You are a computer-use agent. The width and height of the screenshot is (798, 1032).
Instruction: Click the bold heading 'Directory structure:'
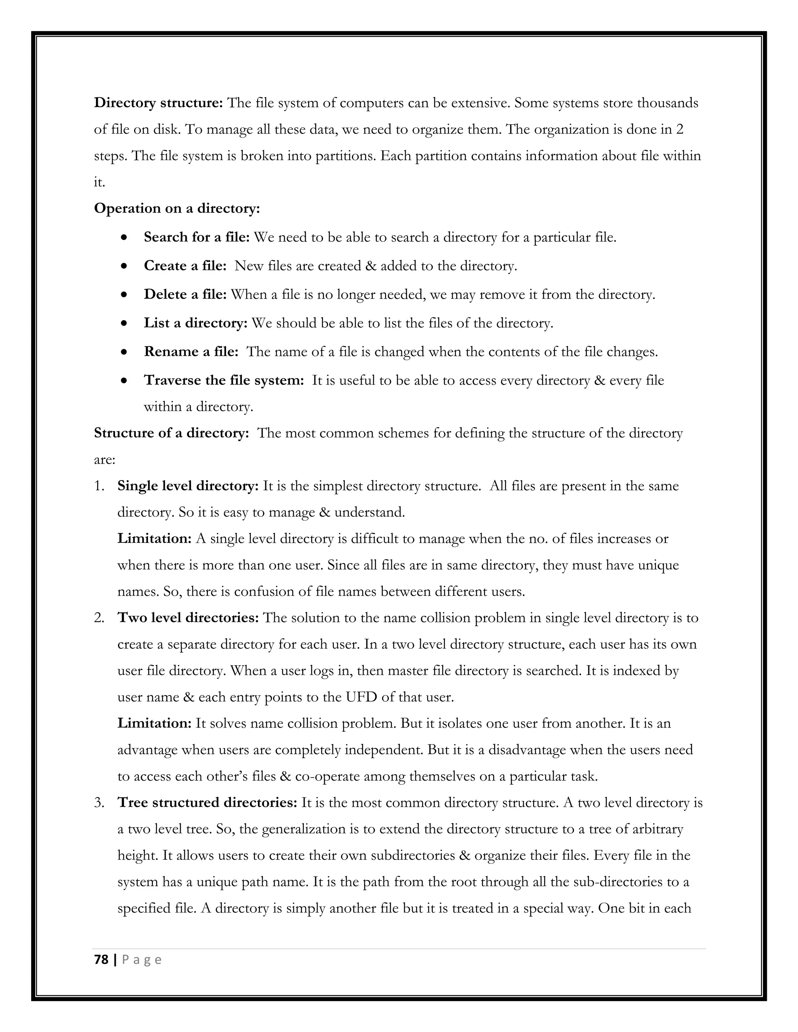pos(158,103)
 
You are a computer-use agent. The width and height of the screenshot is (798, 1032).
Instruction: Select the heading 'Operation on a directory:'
pos(177,208)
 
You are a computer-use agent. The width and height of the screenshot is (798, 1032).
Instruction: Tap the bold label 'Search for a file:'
pos(197,237)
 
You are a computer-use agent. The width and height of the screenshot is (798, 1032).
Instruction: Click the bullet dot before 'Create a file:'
pos(124,266)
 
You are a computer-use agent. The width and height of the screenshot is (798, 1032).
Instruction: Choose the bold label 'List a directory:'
pos(196,324)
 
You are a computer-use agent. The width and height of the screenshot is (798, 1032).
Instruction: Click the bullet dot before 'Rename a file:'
pos(124,352)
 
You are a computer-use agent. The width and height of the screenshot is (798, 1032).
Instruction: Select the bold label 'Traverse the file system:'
pos(224,381)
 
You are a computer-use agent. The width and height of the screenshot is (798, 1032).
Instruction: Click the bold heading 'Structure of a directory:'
pos(171,433)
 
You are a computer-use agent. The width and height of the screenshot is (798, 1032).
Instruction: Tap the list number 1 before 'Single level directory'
pos(99,486)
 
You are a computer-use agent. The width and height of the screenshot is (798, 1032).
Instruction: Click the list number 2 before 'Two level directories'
pos(99,618)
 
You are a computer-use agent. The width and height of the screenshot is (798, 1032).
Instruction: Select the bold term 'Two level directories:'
pos(188,618)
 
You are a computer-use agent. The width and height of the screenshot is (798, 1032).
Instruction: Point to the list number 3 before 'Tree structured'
pos(99,803)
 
